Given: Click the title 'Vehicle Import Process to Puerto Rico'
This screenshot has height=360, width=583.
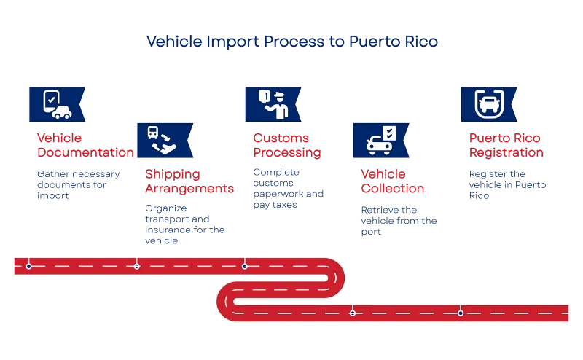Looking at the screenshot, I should (291, 42).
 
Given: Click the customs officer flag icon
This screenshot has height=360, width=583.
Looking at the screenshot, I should (271, 104).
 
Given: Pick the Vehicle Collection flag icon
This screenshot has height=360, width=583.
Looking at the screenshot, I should (380, 140).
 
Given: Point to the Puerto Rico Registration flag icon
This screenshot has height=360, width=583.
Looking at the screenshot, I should (487, 104).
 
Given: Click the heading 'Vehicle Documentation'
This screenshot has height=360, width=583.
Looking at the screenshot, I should (85, 145).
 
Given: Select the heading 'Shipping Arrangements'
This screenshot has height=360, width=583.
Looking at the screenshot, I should (189, 181).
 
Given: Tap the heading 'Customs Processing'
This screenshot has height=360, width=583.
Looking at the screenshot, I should (286, 145).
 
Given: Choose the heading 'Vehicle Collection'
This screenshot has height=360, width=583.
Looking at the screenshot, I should (393, 181).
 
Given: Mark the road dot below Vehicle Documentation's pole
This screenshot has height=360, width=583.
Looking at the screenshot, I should (29, 266).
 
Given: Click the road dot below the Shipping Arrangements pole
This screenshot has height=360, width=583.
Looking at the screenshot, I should (136, 266).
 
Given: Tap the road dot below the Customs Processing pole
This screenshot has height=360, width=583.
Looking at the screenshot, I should (244, 266).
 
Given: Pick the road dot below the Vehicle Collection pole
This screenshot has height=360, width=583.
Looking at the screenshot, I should (353, 313).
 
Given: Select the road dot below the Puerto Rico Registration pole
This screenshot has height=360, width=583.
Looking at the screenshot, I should (460, 313).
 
